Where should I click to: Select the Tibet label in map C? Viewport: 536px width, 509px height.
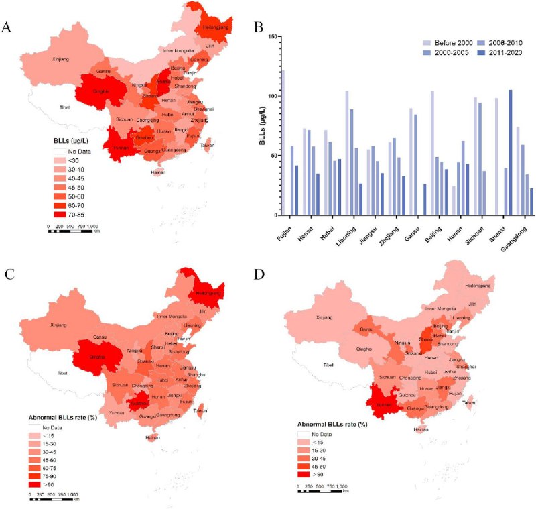[x=62, y=373]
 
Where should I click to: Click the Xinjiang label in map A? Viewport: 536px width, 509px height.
[x=60, y=60]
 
